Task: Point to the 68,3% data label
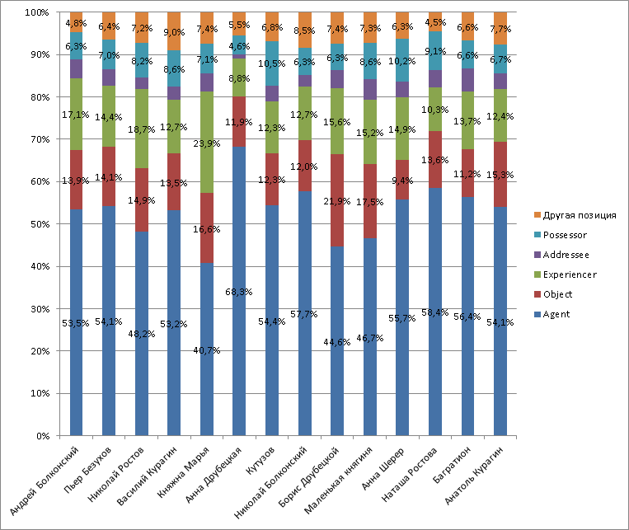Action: tap(239, 291)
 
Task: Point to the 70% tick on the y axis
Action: tap(37, 139)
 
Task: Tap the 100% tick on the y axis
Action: tap(35, 12)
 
